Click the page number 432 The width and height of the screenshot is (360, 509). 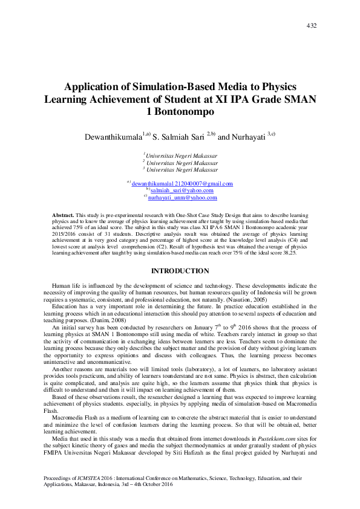coord(312,25)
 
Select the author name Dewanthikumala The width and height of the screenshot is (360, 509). coord(113,137)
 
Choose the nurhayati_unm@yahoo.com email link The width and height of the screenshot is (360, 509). coord(182,198)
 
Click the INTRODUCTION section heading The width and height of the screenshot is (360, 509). coord(180,271)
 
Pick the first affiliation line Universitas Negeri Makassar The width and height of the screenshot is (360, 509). coord(181,155)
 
